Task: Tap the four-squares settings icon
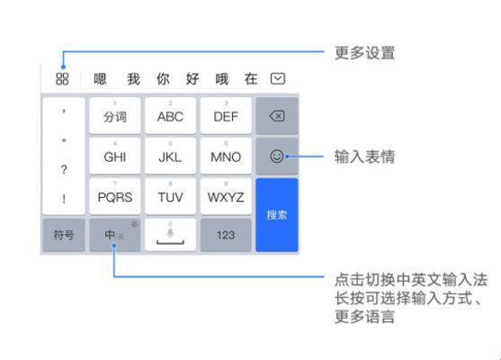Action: tap(62, 78)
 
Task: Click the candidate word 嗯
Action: tap(100, 78)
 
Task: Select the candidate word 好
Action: tap(192, 78)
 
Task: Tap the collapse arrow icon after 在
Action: tap(278, 78)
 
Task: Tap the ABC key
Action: tap(170, 115)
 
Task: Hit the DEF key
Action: tap(226, 115)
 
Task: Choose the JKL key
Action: tap(170, 156)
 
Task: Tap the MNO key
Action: tap(226, 156)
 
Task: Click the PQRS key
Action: tap(115, 196)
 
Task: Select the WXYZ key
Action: tap(226, 196)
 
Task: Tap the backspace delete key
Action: tap(277, 116)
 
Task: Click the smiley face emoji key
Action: tap(277, 157)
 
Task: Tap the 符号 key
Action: tap(64, 235)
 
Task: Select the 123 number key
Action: tap(226, 235)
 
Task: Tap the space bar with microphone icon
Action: tap(170, 235)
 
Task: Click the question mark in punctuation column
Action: tap(64, 169)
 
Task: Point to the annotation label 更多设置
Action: tap(364, 53)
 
